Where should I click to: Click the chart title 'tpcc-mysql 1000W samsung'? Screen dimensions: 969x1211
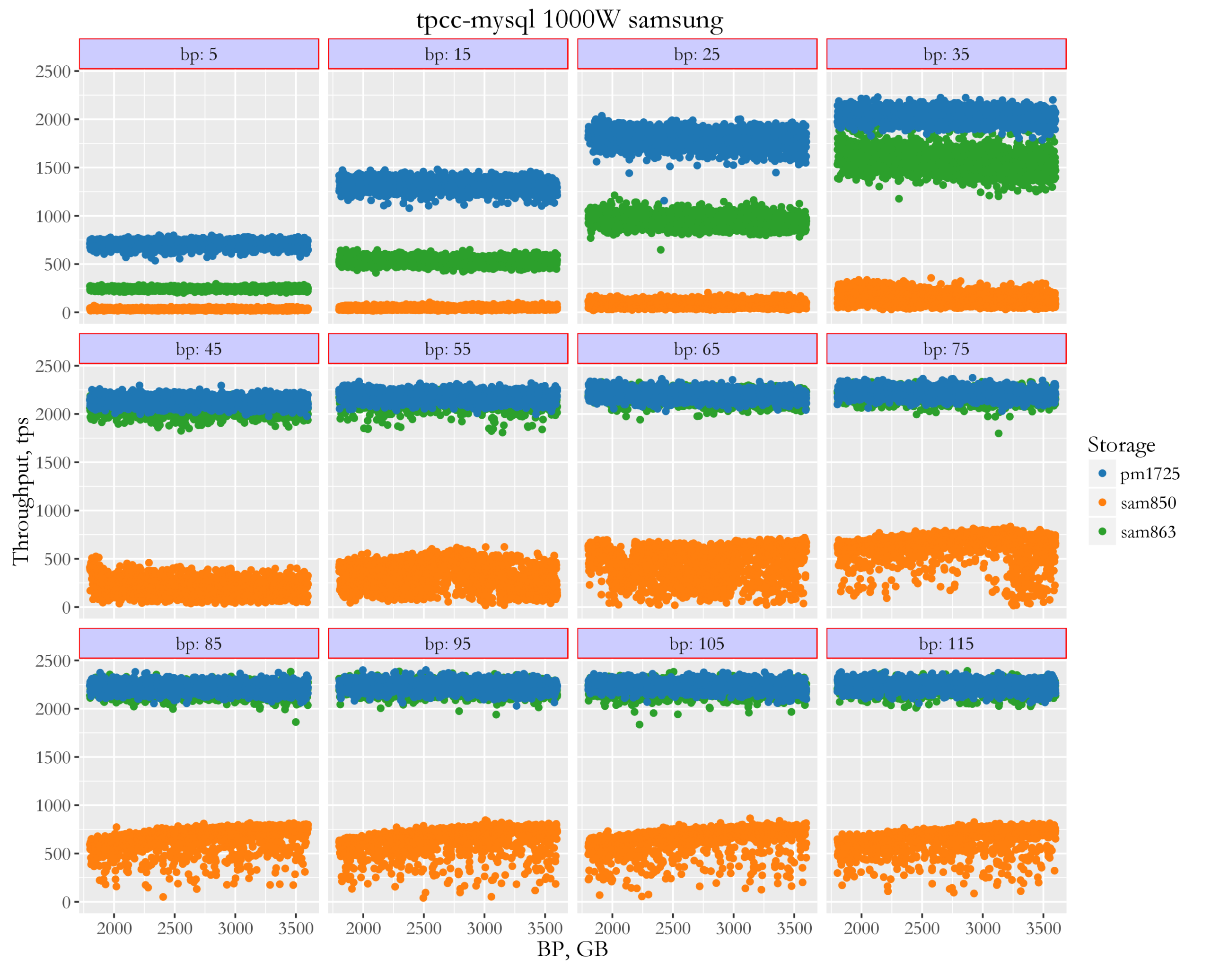coord(569,20)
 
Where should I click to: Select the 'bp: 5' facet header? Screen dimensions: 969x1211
coord(199,54)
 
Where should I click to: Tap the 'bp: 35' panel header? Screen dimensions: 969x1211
coord(946,54)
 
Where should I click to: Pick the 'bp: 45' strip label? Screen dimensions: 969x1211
coord(199,349)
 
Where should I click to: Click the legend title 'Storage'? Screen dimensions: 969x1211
coord(1121,445)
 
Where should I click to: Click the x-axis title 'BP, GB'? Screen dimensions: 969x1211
coord(572,949)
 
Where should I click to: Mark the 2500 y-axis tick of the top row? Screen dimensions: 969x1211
coord(53,71)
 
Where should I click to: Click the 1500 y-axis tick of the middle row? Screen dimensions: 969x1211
coord(53,462)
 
